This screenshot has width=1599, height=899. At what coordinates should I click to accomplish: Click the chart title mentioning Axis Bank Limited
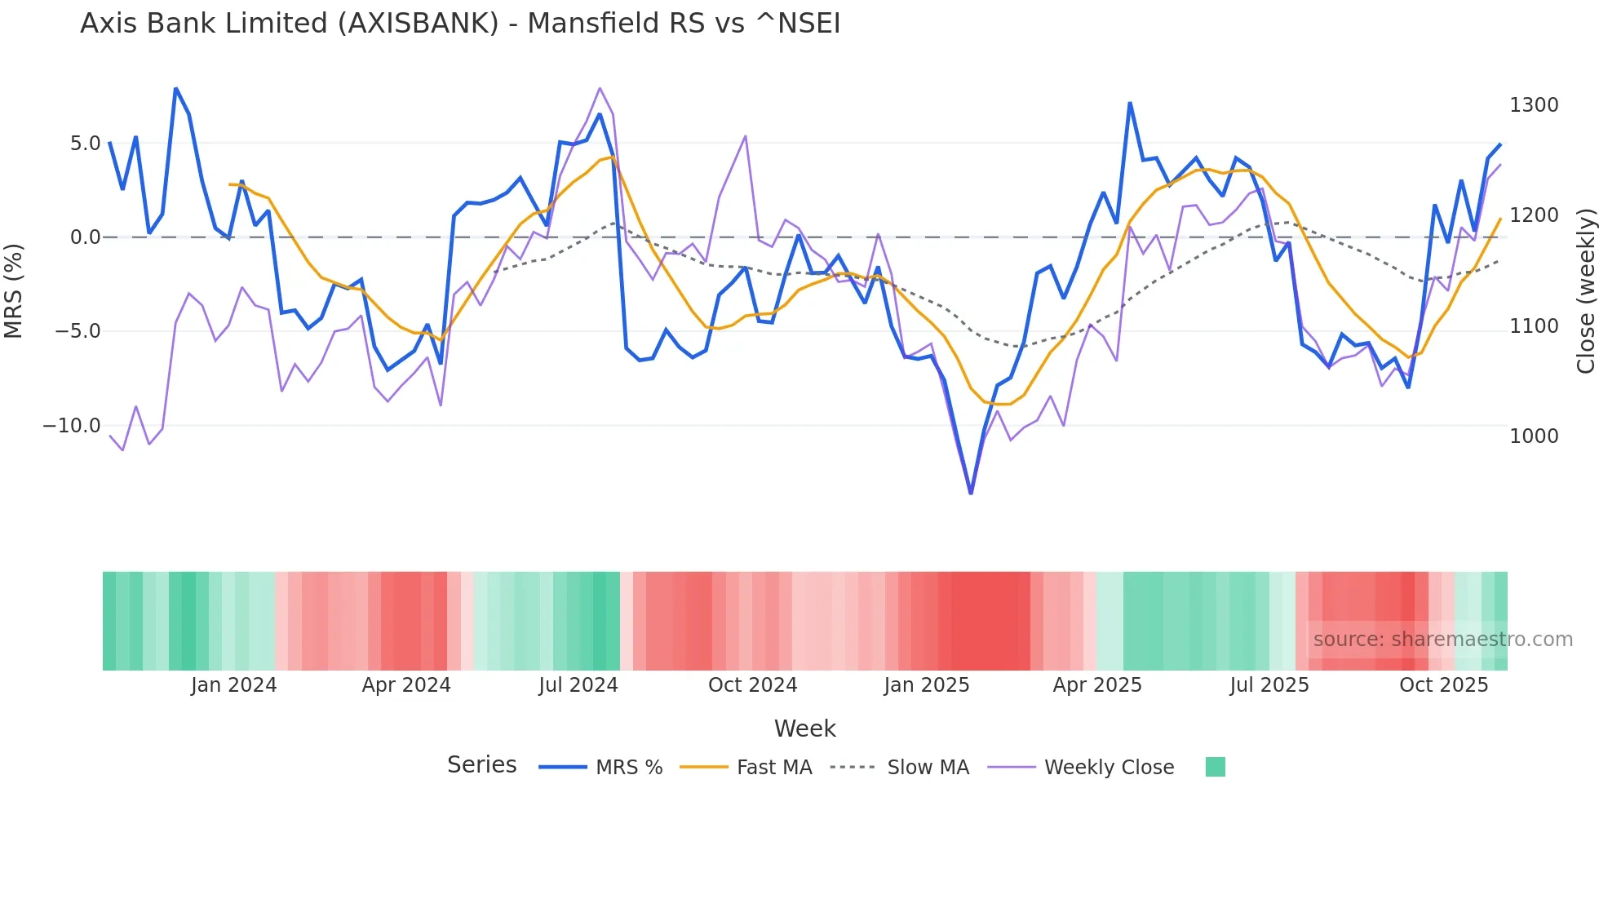click(x=460, y=24)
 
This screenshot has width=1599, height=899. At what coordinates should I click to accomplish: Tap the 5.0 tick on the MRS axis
click(x=85, y=144)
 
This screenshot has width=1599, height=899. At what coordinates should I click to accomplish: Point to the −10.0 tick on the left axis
click(x=72, y=426)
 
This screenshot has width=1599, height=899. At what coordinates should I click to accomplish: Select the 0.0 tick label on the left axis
click(x=85, y=237)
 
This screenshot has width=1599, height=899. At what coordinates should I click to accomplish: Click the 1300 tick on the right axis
click(x=1534, y=105)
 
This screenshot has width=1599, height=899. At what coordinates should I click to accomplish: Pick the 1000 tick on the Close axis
click(x=1534, y=436)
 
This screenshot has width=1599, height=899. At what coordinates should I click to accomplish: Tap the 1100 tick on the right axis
click(x=1534, y=326)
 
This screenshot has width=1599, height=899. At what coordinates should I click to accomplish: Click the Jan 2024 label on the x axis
click(x=234, y=685)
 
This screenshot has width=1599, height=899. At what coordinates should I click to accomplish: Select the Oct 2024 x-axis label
click(x=752, y=685)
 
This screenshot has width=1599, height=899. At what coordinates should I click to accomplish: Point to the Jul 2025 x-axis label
click(x=1269, y=685)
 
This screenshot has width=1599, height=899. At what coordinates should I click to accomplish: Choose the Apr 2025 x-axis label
click(x=1097, y=685)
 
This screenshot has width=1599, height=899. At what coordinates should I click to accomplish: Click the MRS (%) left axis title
click(x=14, y=290)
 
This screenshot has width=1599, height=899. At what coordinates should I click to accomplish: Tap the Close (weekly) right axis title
click(x=1586, y=291)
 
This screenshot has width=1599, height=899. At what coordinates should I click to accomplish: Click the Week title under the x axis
click(x=804, y=728)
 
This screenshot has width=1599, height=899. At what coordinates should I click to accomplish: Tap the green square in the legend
click(x=1216, y=767)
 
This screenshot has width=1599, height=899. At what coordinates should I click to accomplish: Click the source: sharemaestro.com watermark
click(x=1442, y=640)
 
